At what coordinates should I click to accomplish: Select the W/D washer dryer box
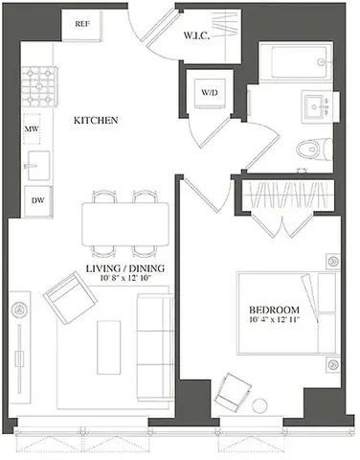[x=209, y=93]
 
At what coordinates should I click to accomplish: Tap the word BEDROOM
[x=274, y=310]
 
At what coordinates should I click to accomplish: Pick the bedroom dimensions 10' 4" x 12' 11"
[x=274, y=321]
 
